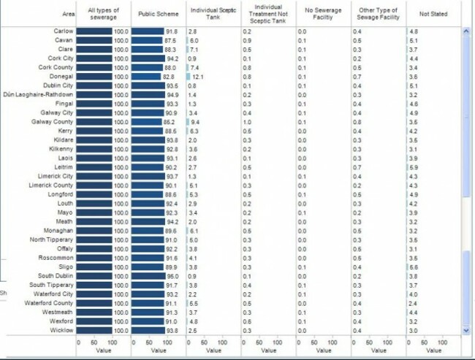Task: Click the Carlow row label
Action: click(63, 31)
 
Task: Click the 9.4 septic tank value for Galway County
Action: click(195, 122)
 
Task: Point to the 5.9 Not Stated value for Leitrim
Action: click(414, 167)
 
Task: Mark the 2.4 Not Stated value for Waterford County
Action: click(414, 303)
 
